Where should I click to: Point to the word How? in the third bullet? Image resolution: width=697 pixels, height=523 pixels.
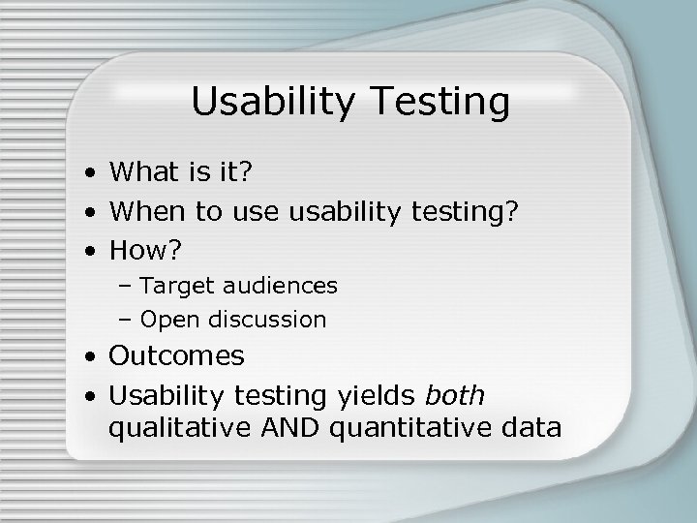(x=145, y=251)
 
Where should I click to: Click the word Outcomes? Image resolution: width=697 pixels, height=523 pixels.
(x=177, y=356)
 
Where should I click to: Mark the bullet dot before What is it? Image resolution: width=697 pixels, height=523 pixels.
(x=88, y=174)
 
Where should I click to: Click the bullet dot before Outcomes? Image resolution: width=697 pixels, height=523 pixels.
(x=88, y=358)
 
